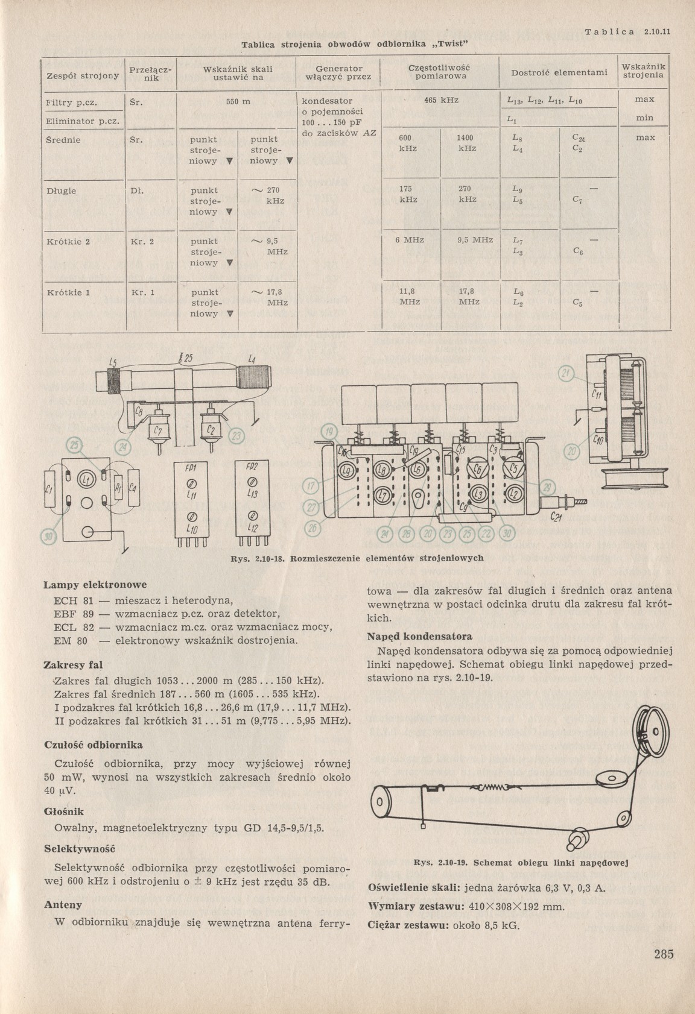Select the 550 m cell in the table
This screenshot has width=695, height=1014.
(238, 101)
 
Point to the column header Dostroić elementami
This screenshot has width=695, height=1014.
(558, 72)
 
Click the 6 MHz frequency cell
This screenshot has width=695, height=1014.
(410, 240)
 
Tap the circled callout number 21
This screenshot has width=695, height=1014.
(566, 373)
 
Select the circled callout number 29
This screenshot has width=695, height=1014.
(547, 488)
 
